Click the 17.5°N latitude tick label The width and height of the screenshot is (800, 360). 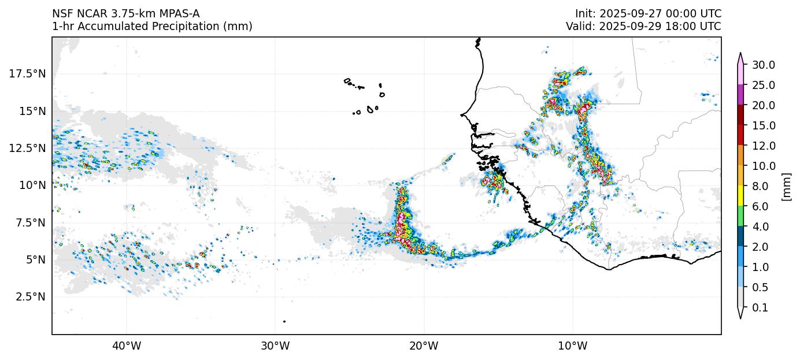point(28,73)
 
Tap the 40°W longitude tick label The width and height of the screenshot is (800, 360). point(127,346)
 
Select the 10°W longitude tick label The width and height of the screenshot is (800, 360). point(573,346)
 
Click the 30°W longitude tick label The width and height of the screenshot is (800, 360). point(275,346)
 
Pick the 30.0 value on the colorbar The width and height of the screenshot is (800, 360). point(763,65)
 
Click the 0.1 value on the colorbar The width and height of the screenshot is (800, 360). point(760,308)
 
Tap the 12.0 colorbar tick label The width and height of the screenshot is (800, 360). point(763,146)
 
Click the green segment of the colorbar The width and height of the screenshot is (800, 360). point(740,217)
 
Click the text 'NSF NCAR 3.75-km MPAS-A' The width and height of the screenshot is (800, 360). point(126,13)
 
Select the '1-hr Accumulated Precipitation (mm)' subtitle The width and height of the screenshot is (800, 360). point(152,27)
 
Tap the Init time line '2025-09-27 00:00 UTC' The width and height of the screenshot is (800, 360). point(648,13)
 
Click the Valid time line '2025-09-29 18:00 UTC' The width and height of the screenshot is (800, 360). point(643,27)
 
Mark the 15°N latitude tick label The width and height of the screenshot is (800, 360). point(32,111)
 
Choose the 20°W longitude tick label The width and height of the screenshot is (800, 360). point(424,346)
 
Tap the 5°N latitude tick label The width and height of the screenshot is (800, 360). point(32,259)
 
